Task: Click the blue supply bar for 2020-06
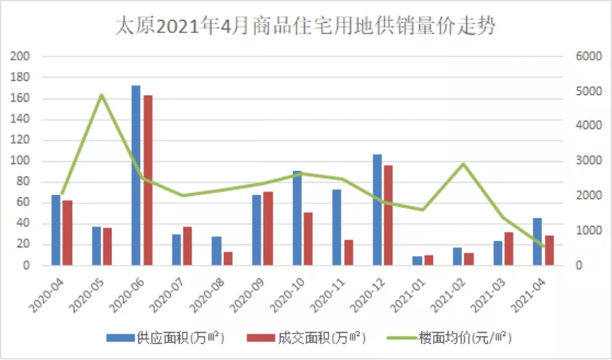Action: [136, 175]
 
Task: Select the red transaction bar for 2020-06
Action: [148, 180]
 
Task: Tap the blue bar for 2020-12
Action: [377, 210]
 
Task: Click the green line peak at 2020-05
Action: [102, 95]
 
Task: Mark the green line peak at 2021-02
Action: [463, 164]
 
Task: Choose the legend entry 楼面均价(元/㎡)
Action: [455, 338]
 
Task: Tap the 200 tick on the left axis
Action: [21, 57]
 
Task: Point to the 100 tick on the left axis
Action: [21, 161]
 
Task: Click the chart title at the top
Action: [306, 27]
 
